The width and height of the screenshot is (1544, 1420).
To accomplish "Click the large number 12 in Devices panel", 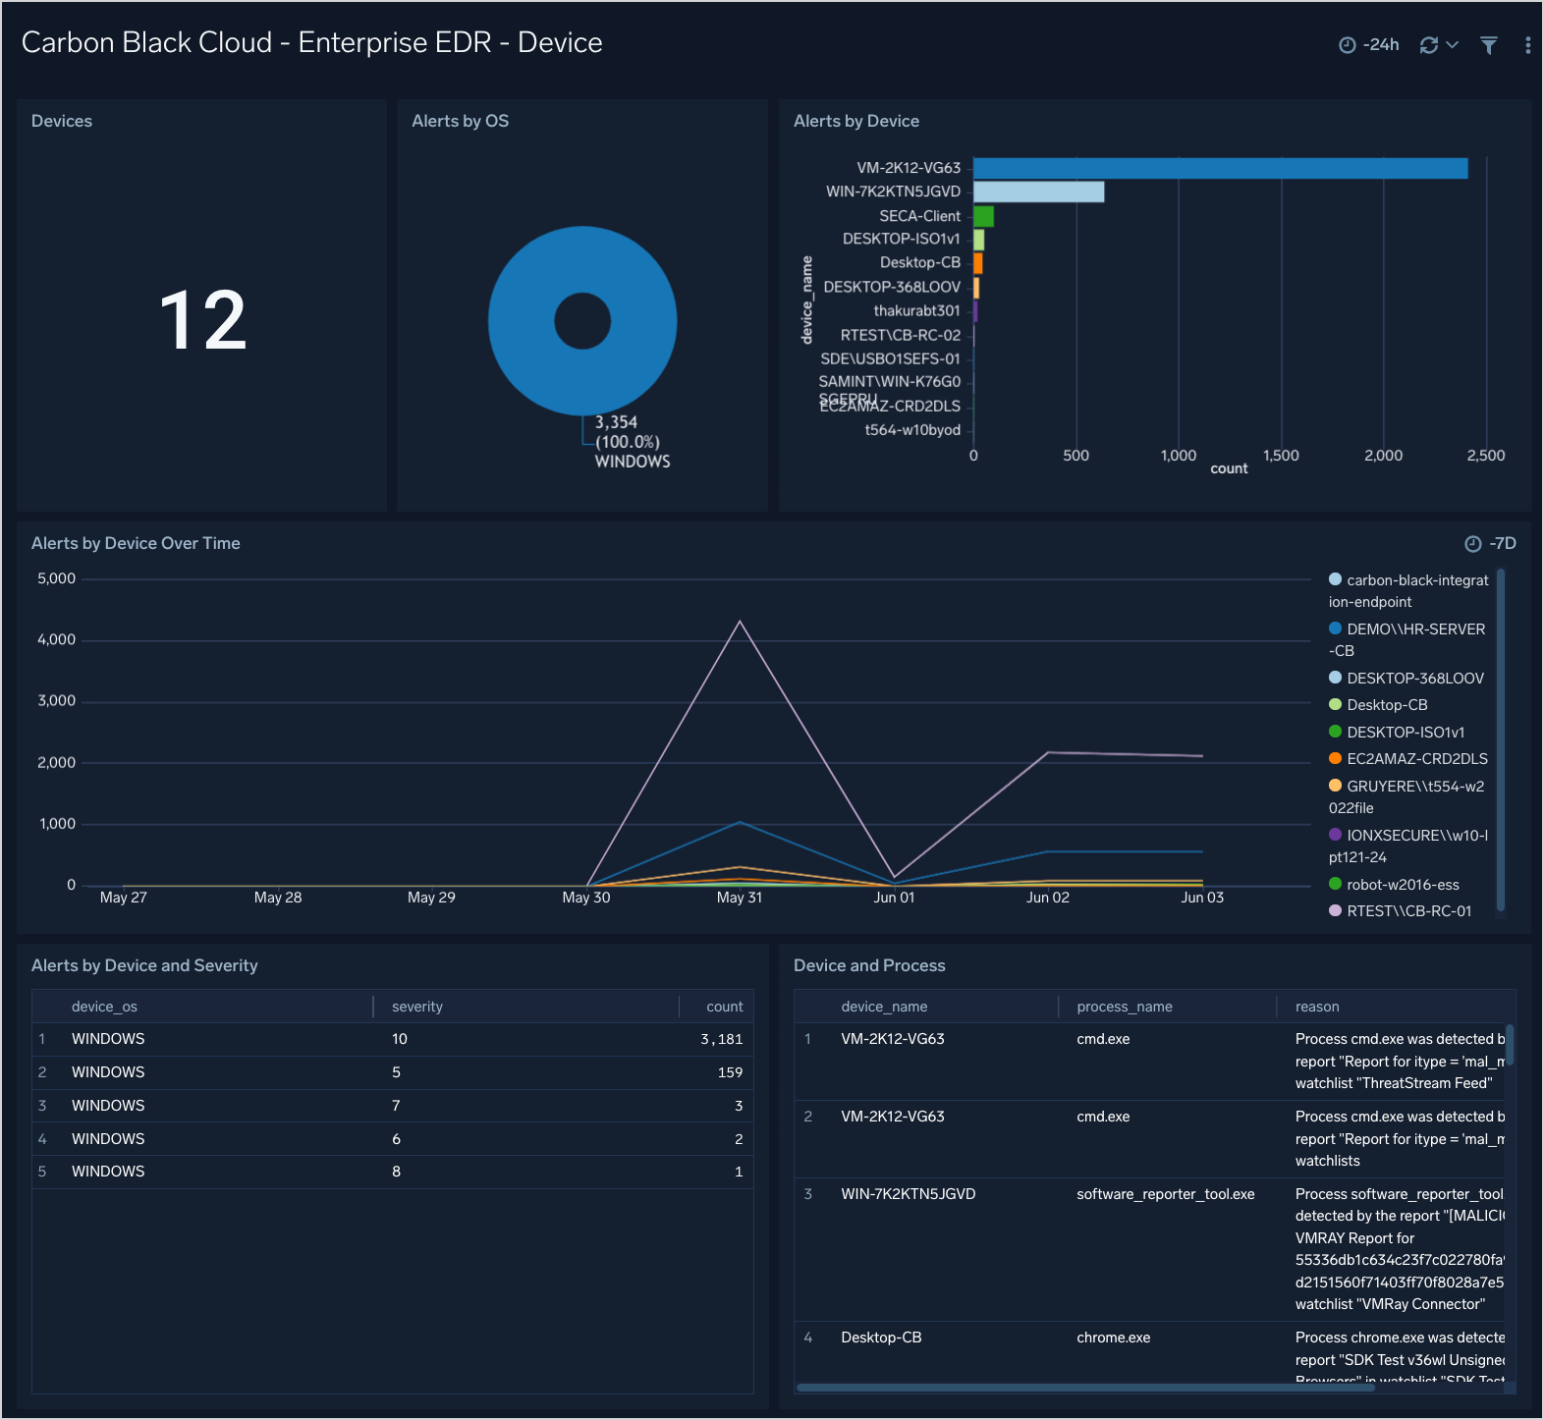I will (x=202, y=320).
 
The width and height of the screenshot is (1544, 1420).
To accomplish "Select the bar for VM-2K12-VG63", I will (x=1220, y=168).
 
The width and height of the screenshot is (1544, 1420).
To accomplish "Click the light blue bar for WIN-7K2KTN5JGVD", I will (x=1038, y=191).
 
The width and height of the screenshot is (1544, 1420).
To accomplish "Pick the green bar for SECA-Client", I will (x=983, y=216).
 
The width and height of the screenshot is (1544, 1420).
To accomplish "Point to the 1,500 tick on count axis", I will (x=1281, y=456).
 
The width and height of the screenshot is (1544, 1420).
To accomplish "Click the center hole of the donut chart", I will (x=582, y=321).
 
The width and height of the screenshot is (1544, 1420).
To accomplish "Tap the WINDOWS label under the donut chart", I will (x=633, y=462).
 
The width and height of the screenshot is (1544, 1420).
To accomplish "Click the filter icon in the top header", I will (x=1489, y=45).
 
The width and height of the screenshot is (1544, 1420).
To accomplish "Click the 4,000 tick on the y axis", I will (x=57, y=640).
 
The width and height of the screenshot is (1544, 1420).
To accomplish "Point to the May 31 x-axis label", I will (x=740, y=898).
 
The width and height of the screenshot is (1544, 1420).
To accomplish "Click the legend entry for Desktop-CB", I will (x=1387, y=705).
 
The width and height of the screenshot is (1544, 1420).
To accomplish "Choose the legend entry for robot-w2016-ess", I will (x=1403, y=885).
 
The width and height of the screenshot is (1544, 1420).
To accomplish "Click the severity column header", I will (x=417, y=1007).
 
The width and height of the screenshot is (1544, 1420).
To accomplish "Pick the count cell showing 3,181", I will (x=721, y=1039).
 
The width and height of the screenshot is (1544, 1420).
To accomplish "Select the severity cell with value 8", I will (x=397, y=1172).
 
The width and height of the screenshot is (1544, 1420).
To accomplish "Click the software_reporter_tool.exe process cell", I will (x=1165, y=1194).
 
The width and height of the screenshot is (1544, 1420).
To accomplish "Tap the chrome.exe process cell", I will (x=1113, y=1338).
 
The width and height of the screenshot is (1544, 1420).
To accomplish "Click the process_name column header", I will (x=1125, y=1007).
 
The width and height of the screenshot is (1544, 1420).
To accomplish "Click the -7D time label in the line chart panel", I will (x=1502, y=544).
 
